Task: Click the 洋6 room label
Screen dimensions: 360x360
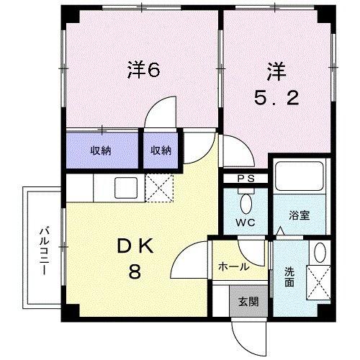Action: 143,70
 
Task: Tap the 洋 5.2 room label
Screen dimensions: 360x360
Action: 276,84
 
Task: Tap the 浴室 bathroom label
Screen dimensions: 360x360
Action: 300,215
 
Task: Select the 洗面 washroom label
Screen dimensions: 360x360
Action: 289,278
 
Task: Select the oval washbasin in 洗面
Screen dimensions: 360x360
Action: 320,252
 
